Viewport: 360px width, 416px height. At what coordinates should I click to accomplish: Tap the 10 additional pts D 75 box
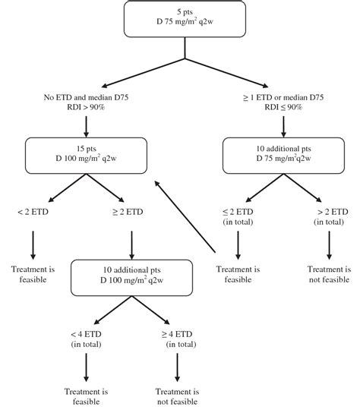[x=283, y=156]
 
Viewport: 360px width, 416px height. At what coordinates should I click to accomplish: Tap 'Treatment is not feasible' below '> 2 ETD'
[x=329, y=273]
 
